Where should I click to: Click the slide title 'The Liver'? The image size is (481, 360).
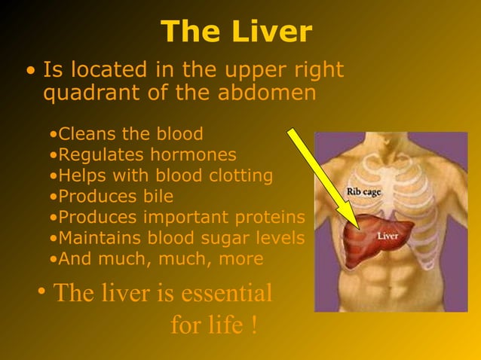(x=236, y=32)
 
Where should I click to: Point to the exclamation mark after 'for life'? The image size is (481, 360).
(x=254, y=325)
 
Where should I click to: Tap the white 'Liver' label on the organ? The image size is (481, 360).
(x=388, y=236)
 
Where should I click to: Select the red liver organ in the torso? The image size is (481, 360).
(x=369, y=239)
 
